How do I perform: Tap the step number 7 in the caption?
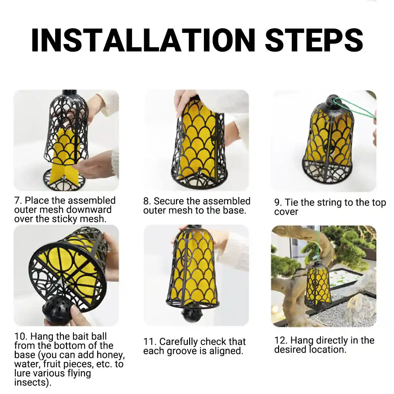(x=17, y=201)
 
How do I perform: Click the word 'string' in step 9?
(x=322, y=203)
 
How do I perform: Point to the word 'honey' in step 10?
(x=110, y=355)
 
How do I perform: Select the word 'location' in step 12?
(x=328, y=349)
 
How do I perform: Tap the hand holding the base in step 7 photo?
(x=95, y=167)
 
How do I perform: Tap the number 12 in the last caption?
(x=280, y=340)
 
